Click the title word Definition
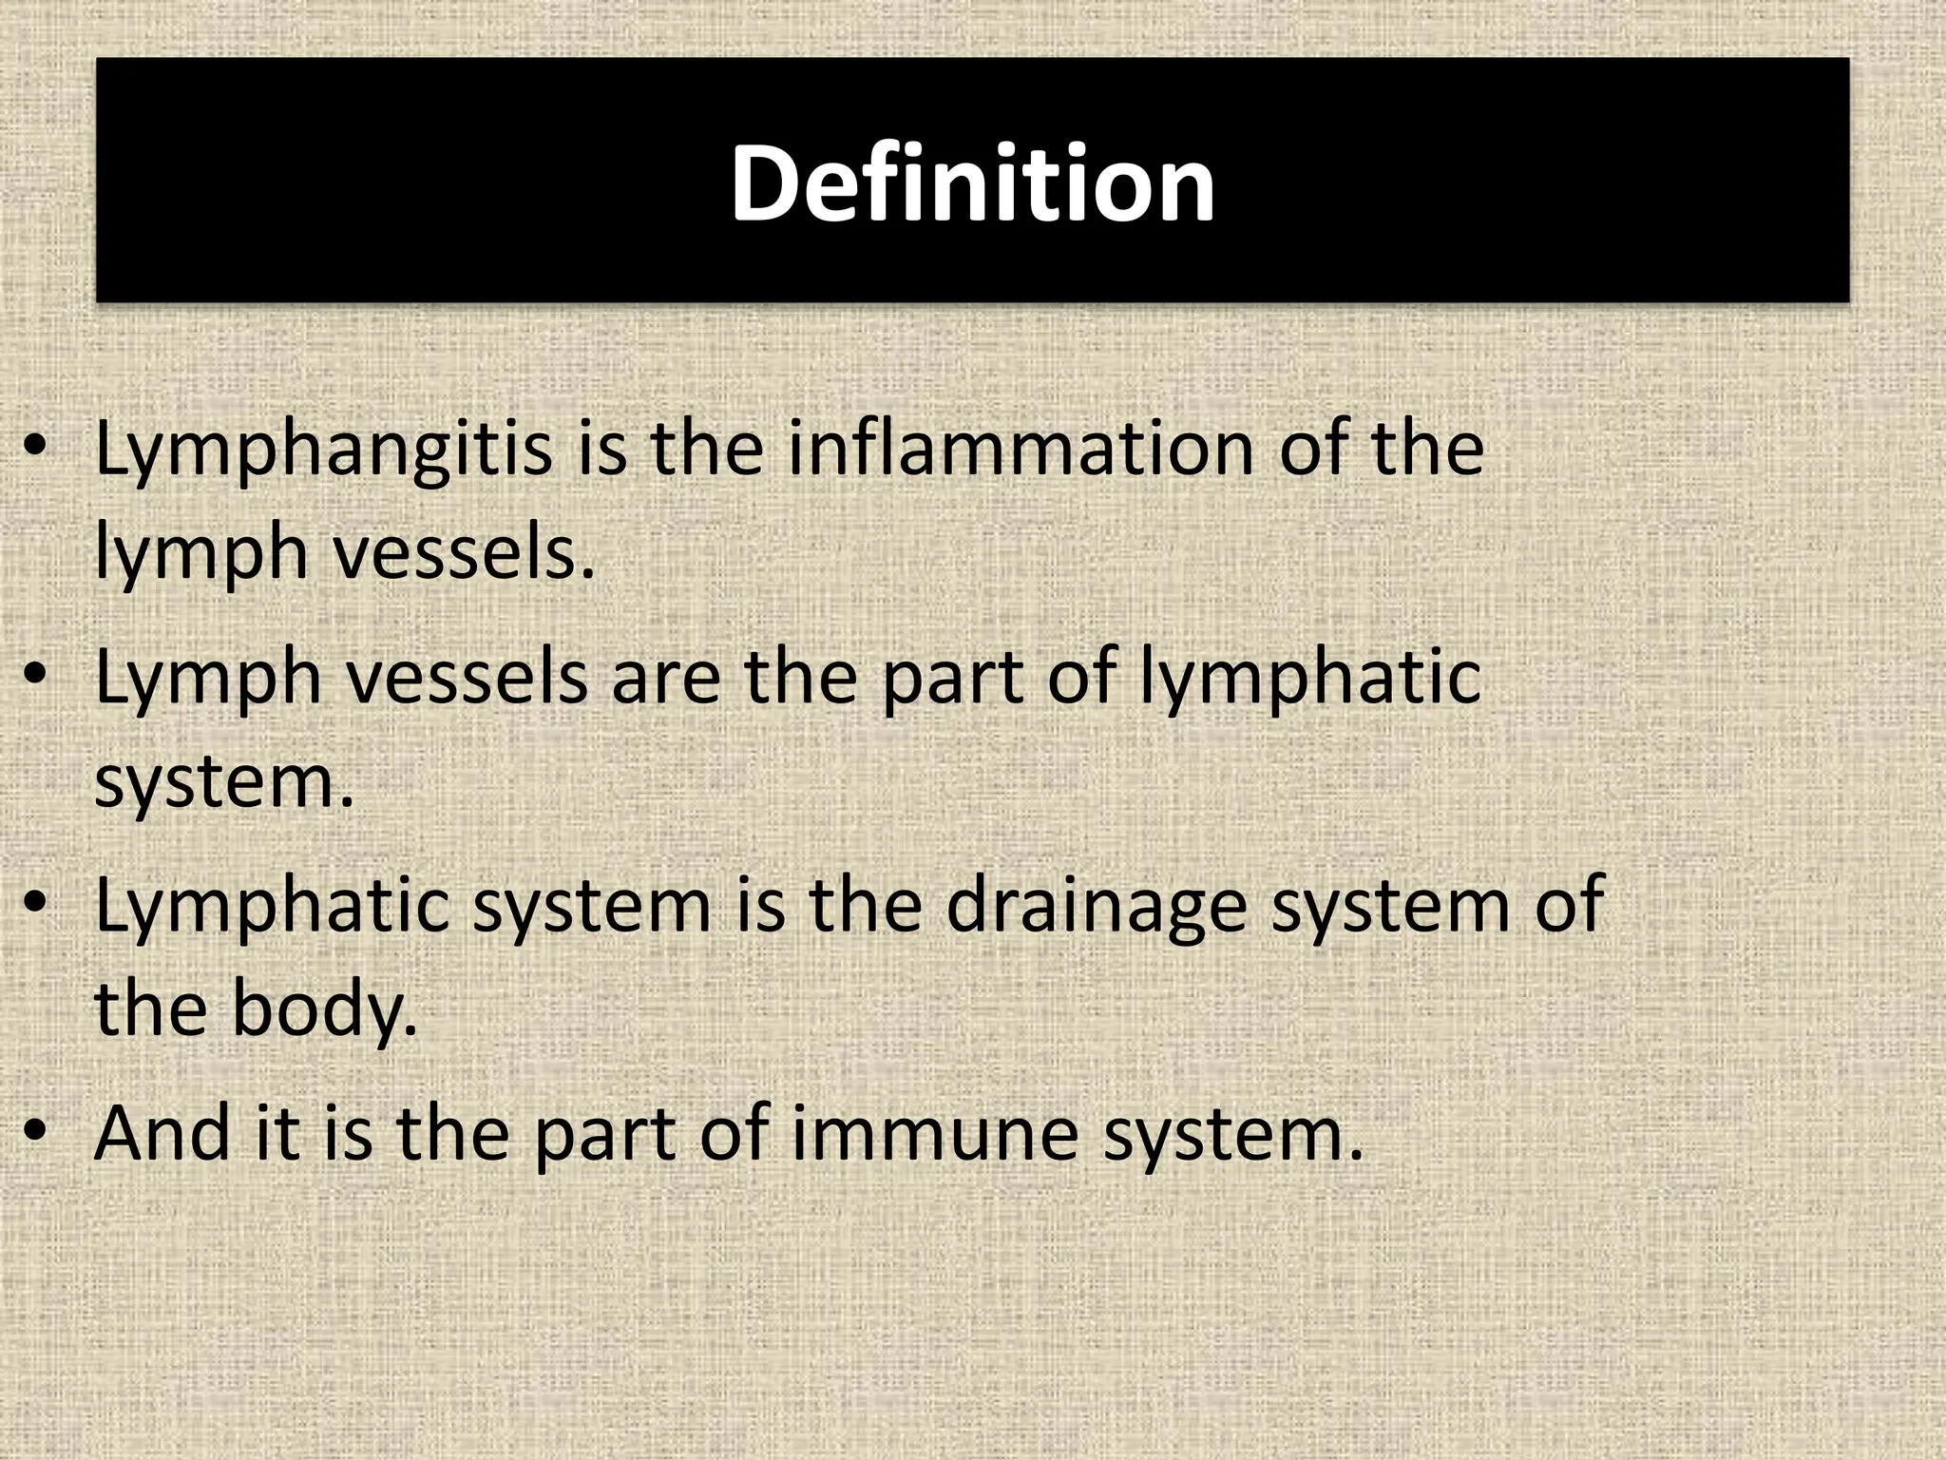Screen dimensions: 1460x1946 pyautogui.click(x=972, y=183)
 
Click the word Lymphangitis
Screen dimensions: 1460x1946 pyautogui.click(x=323, y=450)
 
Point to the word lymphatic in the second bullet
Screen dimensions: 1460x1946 pyautogui.click(x=1311, y=678)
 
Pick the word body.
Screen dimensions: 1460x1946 pyautogui.click(x=324, y=1010)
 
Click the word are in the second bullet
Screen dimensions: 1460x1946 pyautogui.click(x=665, y=678)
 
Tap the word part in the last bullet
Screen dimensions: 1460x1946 pyautogui.click(x=604, y=1134)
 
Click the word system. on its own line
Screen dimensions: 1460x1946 pyautogui.click(x=224, y=782)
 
